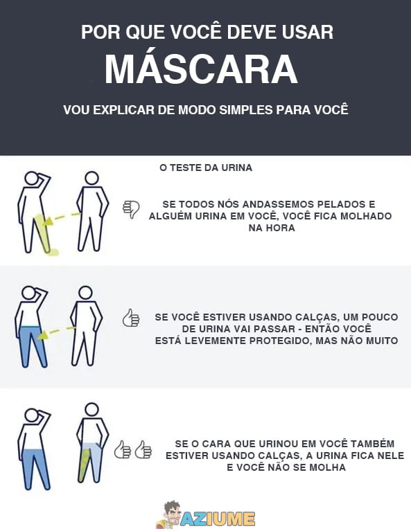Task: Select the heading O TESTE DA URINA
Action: coord(206,168)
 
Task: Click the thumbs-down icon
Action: coord(131,208)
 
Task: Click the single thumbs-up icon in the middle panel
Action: coord(131,318)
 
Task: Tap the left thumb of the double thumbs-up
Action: coord(123,449)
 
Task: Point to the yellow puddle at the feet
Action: coord(49,251)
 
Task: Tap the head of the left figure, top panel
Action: coord(31,179)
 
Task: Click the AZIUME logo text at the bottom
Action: coord(216,517)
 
